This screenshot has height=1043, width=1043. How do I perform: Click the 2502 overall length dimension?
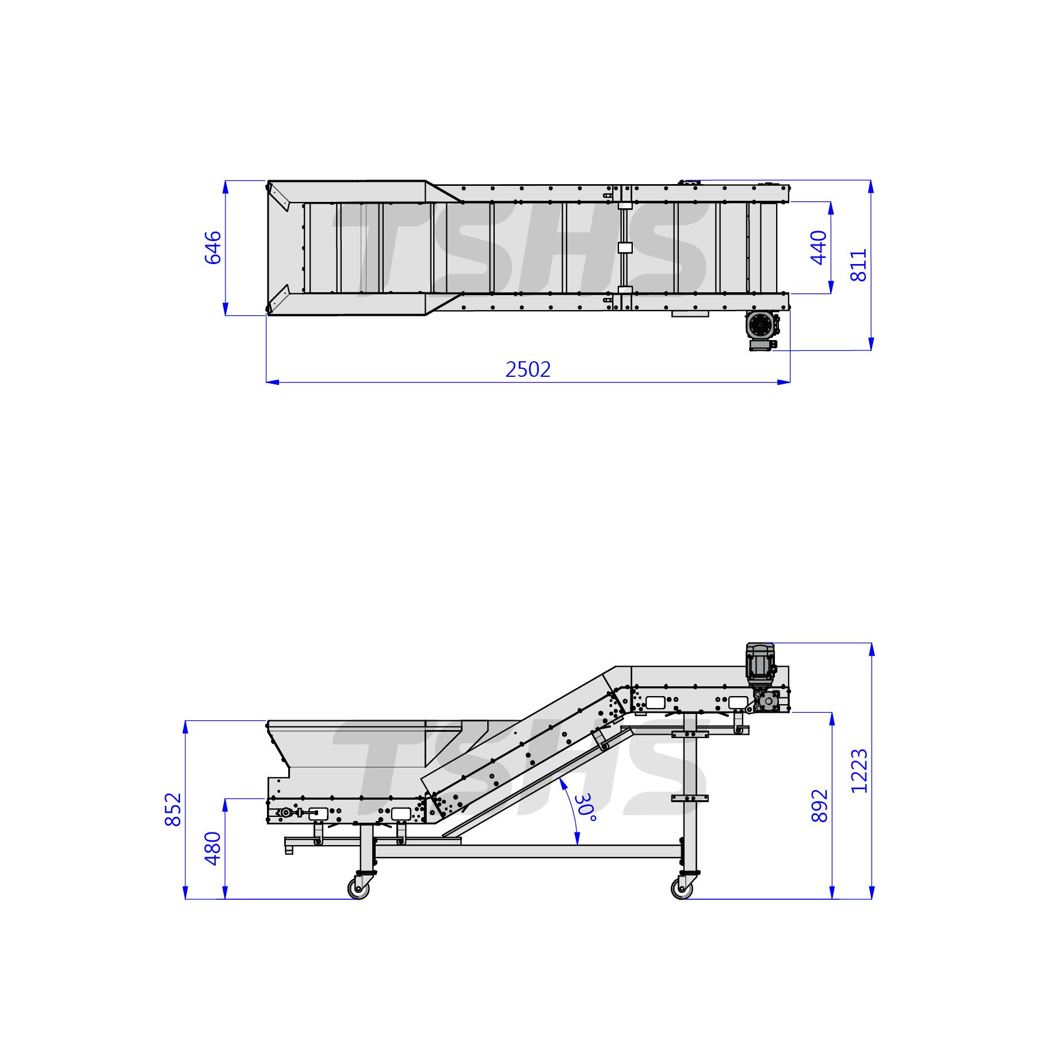tap(528, 369)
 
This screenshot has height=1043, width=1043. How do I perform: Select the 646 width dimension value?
tap(213, 247)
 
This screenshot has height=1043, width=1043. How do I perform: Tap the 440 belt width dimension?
tap(818, 247)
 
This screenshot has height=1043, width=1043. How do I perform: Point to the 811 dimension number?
tap(858, 265)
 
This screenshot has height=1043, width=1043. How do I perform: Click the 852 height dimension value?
tap(173, 809)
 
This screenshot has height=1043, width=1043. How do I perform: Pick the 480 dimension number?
tap(213, 849)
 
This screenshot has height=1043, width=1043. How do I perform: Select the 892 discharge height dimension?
tap(819, 805)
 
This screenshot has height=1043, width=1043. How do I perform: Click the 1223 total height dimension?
tap(859, 771)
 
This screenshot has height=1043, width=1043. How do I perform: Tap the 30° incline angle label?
tap(585, 807)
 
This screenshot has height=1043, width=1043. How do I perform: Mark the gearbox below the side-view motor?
tap(767, 701)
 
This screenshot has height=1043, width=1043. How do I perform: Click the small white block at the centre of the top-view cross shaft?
tap(625, 248)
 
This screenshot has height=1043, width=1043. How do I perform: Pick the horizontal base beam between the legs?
tap(528, 851)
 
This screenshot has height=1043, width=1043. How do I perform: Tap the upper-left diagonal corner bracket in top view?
tap(278, 197)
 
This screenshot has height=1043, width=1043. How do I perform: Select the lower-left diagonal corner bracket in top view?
tap(278, 299)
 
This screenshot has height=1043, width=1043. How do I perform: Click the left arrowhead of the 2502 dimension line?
tap(273, 382)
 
